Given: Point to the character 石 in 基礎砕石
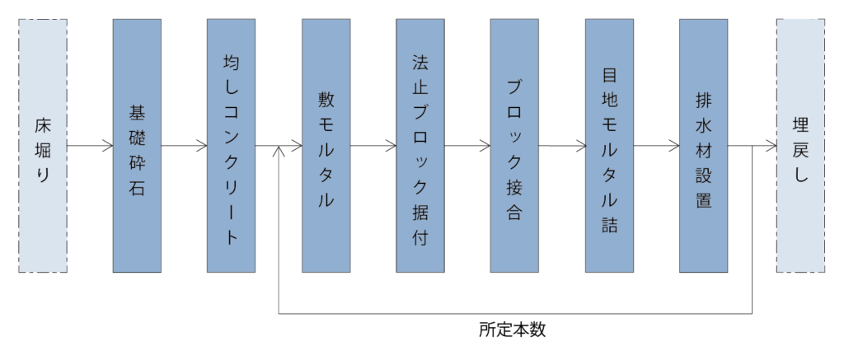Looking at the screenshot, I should tap(137, 189).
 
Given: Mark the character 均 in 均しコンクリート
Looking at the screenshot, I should tap(231, 63).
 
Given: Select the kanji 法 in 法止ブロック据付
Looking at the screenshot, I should tap(420, 63).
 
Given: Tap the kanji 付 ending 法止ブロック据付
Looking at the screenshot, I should tap(420, 239).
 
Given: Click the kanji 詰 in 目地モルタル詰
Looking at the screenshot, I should tap(609, 226).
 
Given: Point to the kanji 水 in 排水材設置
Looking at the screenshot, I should tap(703, 124).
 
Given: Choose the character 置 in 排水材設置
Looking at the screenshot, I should tap(703, 200).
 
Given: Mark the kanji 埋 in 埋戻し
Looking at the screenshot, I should tap(800, 125).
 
